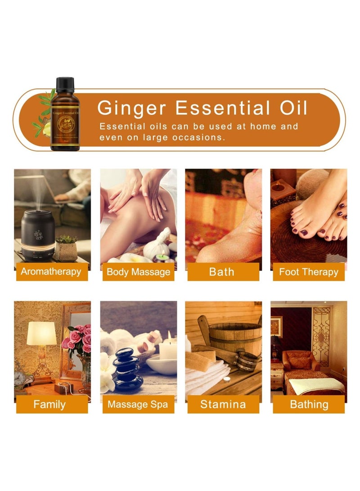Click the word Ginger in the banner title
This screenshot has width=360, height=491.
coord(132,108)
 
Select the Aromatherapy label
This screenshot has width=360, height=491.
coord(51,272)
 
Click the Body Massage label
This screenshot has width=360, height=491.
coord(138,272)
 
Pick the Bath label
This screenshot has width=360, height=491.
coord(222,272)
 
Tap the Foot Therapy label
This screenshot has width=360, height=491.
coord(308,272)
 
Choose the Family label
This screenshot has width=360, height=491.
coord(49,404)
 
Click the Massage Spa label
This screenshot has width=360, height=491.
coord(138,404)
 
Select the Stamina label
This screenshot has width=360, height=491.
coord(223,404)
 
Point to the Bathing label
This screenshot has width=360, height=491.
coord(308,404)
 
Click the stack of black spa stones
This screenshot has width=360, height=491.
coord(128,369)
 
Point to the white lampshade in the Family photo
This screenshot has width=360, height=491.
coord(41,333)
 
